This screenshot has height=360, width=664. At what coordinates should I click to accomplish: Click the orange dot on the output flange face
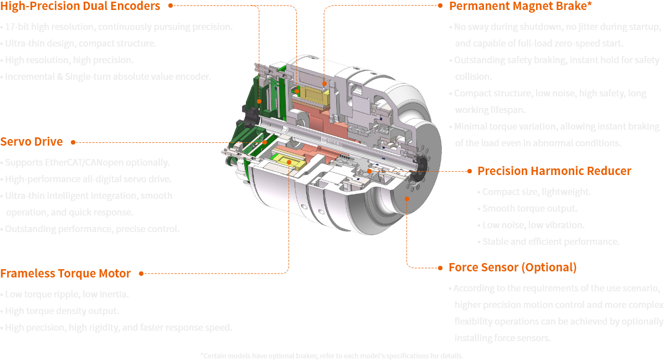tap(408, 197)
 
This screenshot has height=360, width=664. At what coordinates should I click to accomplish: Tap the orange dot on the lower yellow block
tap(289, 162)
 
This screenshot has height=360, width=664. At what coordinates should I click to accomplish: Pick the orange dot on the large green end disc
tap(259, 101)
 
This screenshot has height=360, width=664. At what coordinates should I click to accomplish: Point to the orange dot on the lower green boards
tap(265, 142)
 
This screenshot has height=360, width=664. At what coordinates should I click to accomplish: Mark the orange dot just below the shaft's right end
tap(369, 171)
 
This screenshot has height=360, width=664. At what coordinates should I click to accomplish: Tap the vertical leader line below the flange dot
tap(408, 233)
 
